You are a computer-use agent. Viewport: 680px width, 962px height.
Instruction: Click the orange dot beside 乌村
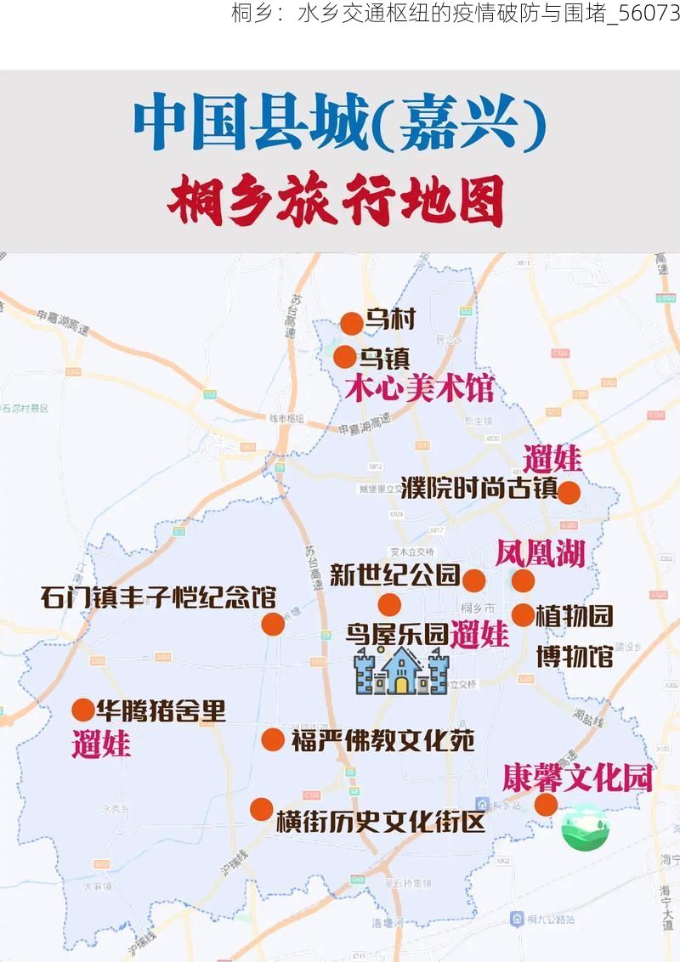click(x=351, y=323)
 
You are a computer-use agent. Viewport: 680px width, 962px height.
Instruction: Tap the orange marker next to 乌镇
click(x=345, y=357)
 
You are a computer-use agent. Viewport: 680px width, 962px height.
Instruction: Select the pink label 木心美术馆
click(x=419, y=389)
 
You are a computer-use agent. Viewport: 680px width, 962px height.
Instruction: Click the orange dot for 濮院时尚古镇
click(x=568, y=492)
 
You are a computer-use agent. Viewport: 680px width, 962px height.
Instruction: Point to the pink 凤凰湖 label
click(x=541, y=555)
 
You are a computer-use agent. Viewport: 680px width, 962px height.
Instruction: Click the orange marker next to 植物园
click(x=523, y=614)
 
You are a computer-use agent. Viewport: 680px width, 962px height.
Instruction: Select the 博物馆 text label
click(x=575, y=655)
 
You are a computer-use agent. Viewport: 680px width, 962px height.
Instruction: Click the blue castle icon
click(x=401, y=671)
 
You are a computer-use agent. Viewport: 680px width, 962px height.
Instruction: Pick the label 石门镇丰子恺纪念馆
click(x=158, y=597)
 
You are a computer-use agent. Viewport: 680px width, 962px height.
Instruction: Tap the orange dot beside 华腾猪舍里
click(x=83, y=710)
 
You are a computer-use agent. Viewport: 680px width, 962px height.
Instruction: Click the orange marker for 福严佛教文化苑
click(x=272, y=739)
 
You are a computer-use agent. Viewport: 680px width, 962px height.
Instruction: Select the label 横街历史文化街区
click(x=380, y=822)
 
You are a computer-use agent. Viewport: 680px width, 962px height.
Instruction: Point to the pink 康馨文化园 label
click(x=577, y=777)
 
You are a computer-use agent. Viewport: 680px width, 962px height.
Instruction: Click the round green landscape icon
click(x=585, y=827)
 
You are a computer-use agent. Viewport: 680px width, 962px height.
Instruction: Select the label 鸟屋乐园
click(x=397, y=634)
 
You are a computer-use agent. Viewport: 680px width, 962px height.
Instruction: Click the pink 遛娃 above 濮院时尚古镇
click(x=552, y=459)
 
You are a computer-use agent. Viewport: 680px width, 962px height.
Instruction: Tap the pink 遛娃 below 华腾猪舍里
click(x=102, y=744)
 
